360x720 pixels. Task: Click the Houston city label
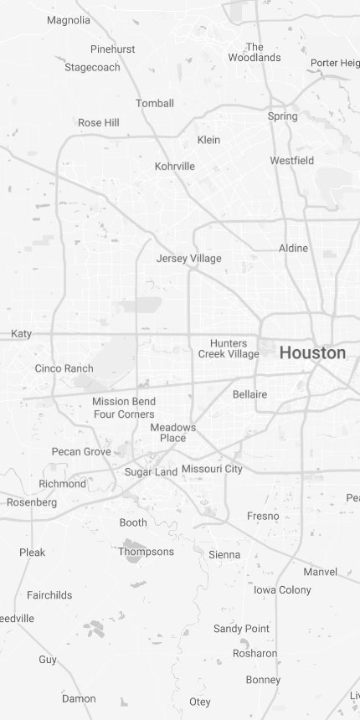(x=312, y=353)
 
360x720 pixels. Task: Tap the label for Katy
(x=21, y=334)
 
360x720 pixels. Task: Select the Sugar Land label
(x=151, y=472)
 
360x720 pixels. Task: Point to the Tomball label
(x=155, y=104)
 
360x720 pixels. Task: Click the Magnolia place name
(x=69, y=20)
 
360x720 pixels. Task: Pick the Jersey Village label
(x=189, y=259)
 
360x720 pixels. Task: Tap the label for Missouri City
(x=212, y=469)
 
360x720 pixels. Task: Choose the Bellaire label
(x=249, y=394)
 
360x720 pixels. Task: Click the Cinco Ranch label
(x=64, y=368)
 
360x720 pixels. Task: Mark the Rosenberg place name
(x=32, y=503)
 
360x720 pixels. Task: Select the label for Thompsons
(x=146, y=552)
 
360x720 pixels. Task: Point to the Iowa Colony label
(x=282, y=590)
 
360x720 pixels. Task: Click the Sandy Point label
(x=241, y=629)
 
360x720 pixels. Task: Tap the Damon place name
(x=79, y=699)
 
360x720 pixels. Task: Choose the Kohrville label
(x=175, y=167)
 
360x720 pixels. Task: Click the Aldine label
(x=293, y=249)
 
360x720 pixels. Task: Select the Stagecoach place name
(x=92, y=68)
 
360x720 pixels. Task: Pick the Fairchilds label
(x=49, y=595)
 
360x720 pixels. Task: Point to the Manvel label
(x=320, y=573)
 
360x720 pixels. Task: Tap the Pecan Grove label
(x=81, y=452)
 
